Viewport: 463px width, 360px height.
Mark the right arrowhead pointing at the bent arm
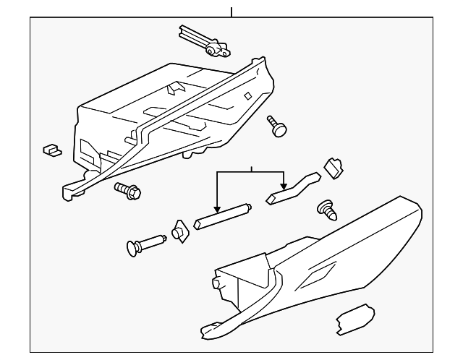click(x=284, y=185)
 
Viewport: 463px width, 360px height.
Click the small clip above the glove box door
click(x=334, y=168)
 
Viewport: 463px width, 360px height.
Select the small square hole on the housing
click(x=247, y=95)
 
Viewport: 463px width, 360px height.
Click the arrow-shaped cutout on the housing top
click(x=174, y=88)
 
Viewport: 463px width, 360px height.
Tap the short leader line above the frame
click(x=231, y=12)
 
